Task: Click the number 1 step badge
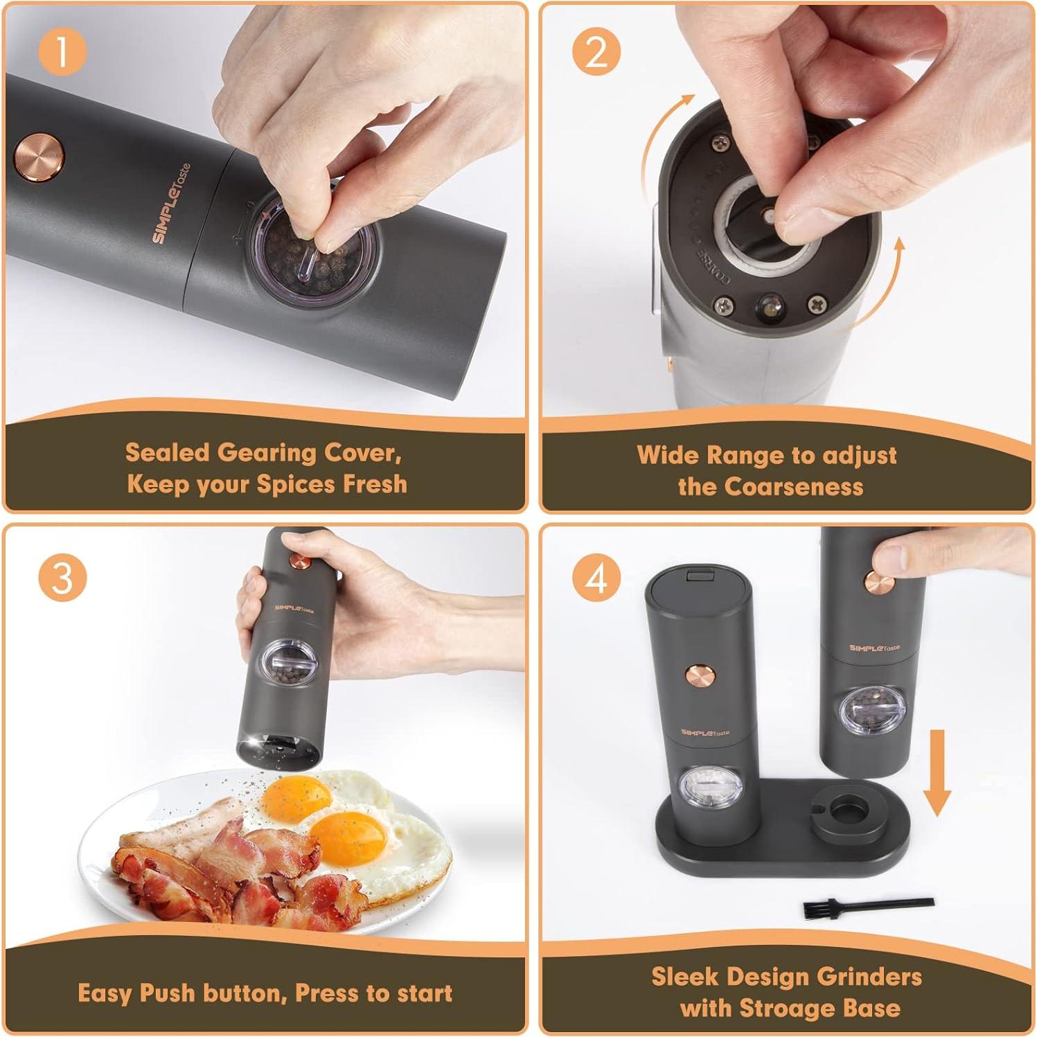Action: [x=62, y=52]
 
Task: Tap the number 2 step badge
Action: [x=596, y=52]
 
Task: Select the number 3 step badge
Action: [x=62, y=577]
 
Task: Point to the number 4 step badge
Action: [x=596, y=577]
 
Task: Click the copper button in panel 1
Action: [x=39, y=158]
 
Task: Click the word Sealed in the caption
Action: [x=167, y=453]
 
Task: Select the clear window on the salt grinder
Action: [x=711, y=788]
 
